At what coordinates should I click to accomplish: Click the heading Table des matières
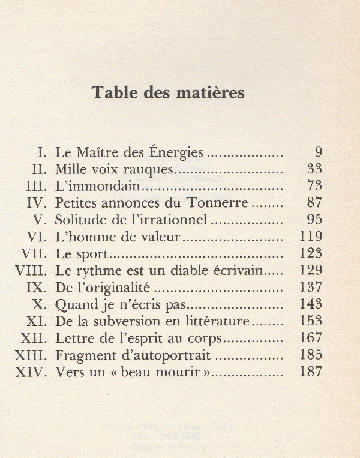pyautogui.click(x=167, y=93)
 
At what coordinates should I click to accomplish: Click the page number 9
pyautogui.click(x=318, y=152)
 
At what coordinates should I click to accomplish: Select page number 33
pyautogui.click(x=314, y=169)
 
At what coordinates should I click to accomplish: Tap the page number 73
pyautogui.click(x=314, y=185)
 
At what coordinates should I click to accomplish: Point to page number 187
pyautogui.click(x=310, y=372)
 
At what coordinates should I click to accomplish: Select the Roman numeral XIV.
pyautogui.click(x=33, y=372)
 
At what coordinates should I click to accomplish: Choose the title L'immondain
pyautogui.click(x=97, y=186)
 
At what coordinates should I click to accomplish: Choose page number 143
pyautogui.click(x=310, y=304)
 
